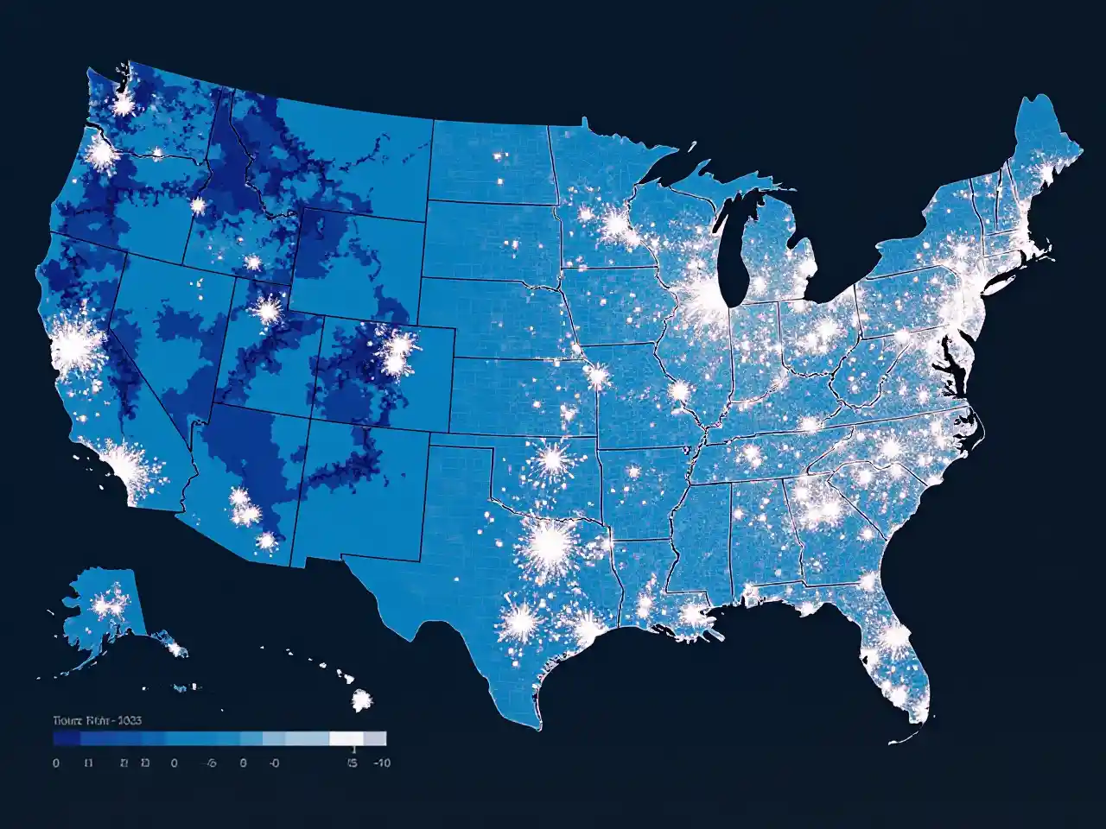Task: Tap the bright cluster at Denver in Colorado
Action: [x=398, y=350]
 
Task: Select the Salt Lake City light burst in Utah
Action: [x=267, y=308]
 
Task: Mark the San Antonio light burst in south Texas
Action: [x=521, y=619]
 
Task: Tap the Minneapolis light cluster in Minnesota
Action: [x=615, y=226]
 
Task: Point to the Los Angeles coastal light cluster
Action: [x=128, y=462]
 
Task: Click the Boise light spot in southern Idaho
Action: [x=198, y=206]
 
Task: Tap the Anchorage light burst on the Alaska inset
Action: [x=108, y=605]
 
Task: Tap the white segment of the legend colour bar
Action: [x=346, y=739]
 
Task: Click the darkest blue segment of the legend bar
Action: [x=67, y=739]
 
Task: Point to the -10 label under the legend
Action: [x=381, y=763]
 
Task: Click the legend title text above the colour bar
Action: [x=97, y=720]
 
